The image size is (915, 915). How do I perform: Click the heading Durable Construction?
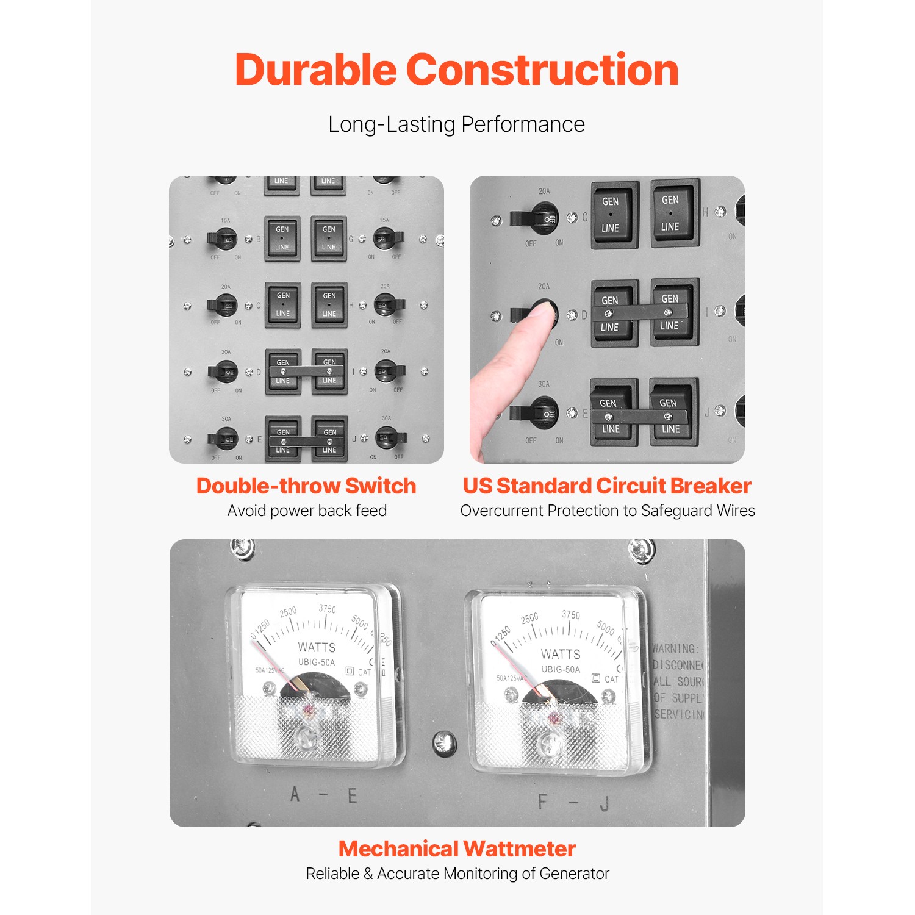456,70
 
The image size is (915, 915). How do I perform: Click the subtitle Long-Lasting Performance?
456,124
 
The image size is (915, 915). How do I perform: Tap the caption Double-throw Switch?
306,486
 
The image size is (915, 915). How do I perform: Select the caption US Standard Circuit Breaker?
607,486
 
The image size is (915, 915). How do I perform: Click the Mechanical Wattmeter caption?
457,849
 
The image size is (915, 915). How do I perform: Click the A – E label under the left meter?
323,795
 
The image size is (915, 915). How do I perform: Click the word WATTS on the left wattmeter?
317,647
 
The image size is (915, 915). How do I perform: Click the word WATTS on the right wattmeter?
560,654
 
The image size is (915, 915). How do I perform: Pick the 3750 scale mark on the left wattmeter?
328,609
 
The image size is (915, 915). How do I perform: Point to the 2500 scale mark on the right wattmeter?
529,618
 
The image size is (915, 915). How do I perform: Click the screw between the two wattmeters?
444,742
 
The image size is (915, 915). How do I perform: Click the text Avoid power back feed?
307,511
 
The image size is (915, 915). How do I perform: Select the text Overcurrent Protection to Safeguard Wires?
608,511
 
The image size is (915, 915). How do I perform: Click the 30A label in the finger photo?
544,384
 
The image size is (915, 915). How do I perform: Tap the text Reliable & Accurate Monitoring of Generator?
457,874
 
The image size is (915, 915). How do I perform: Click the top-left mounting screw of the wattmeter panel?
242,547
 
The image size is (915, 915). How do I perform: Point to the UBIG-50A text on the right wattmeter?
561,669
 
